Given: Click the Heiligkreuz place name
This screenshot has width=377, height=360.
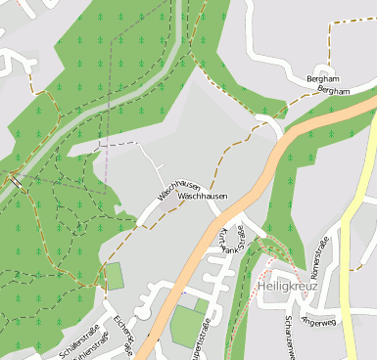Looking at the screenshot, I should [x=284, y=287].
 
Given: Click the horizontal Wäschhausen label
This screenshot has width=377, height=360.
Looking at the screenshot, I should [x=204, y=197].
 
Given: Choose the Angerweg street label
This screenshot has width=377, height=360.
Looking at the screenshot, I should [x=319, y=317].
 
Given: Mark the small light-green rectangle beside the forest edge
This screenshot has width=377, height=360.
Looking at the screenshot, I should [x=115, y=276].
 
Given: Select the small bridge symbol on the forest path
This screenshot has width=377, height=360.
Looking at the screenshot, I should [x=17, y=180].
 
